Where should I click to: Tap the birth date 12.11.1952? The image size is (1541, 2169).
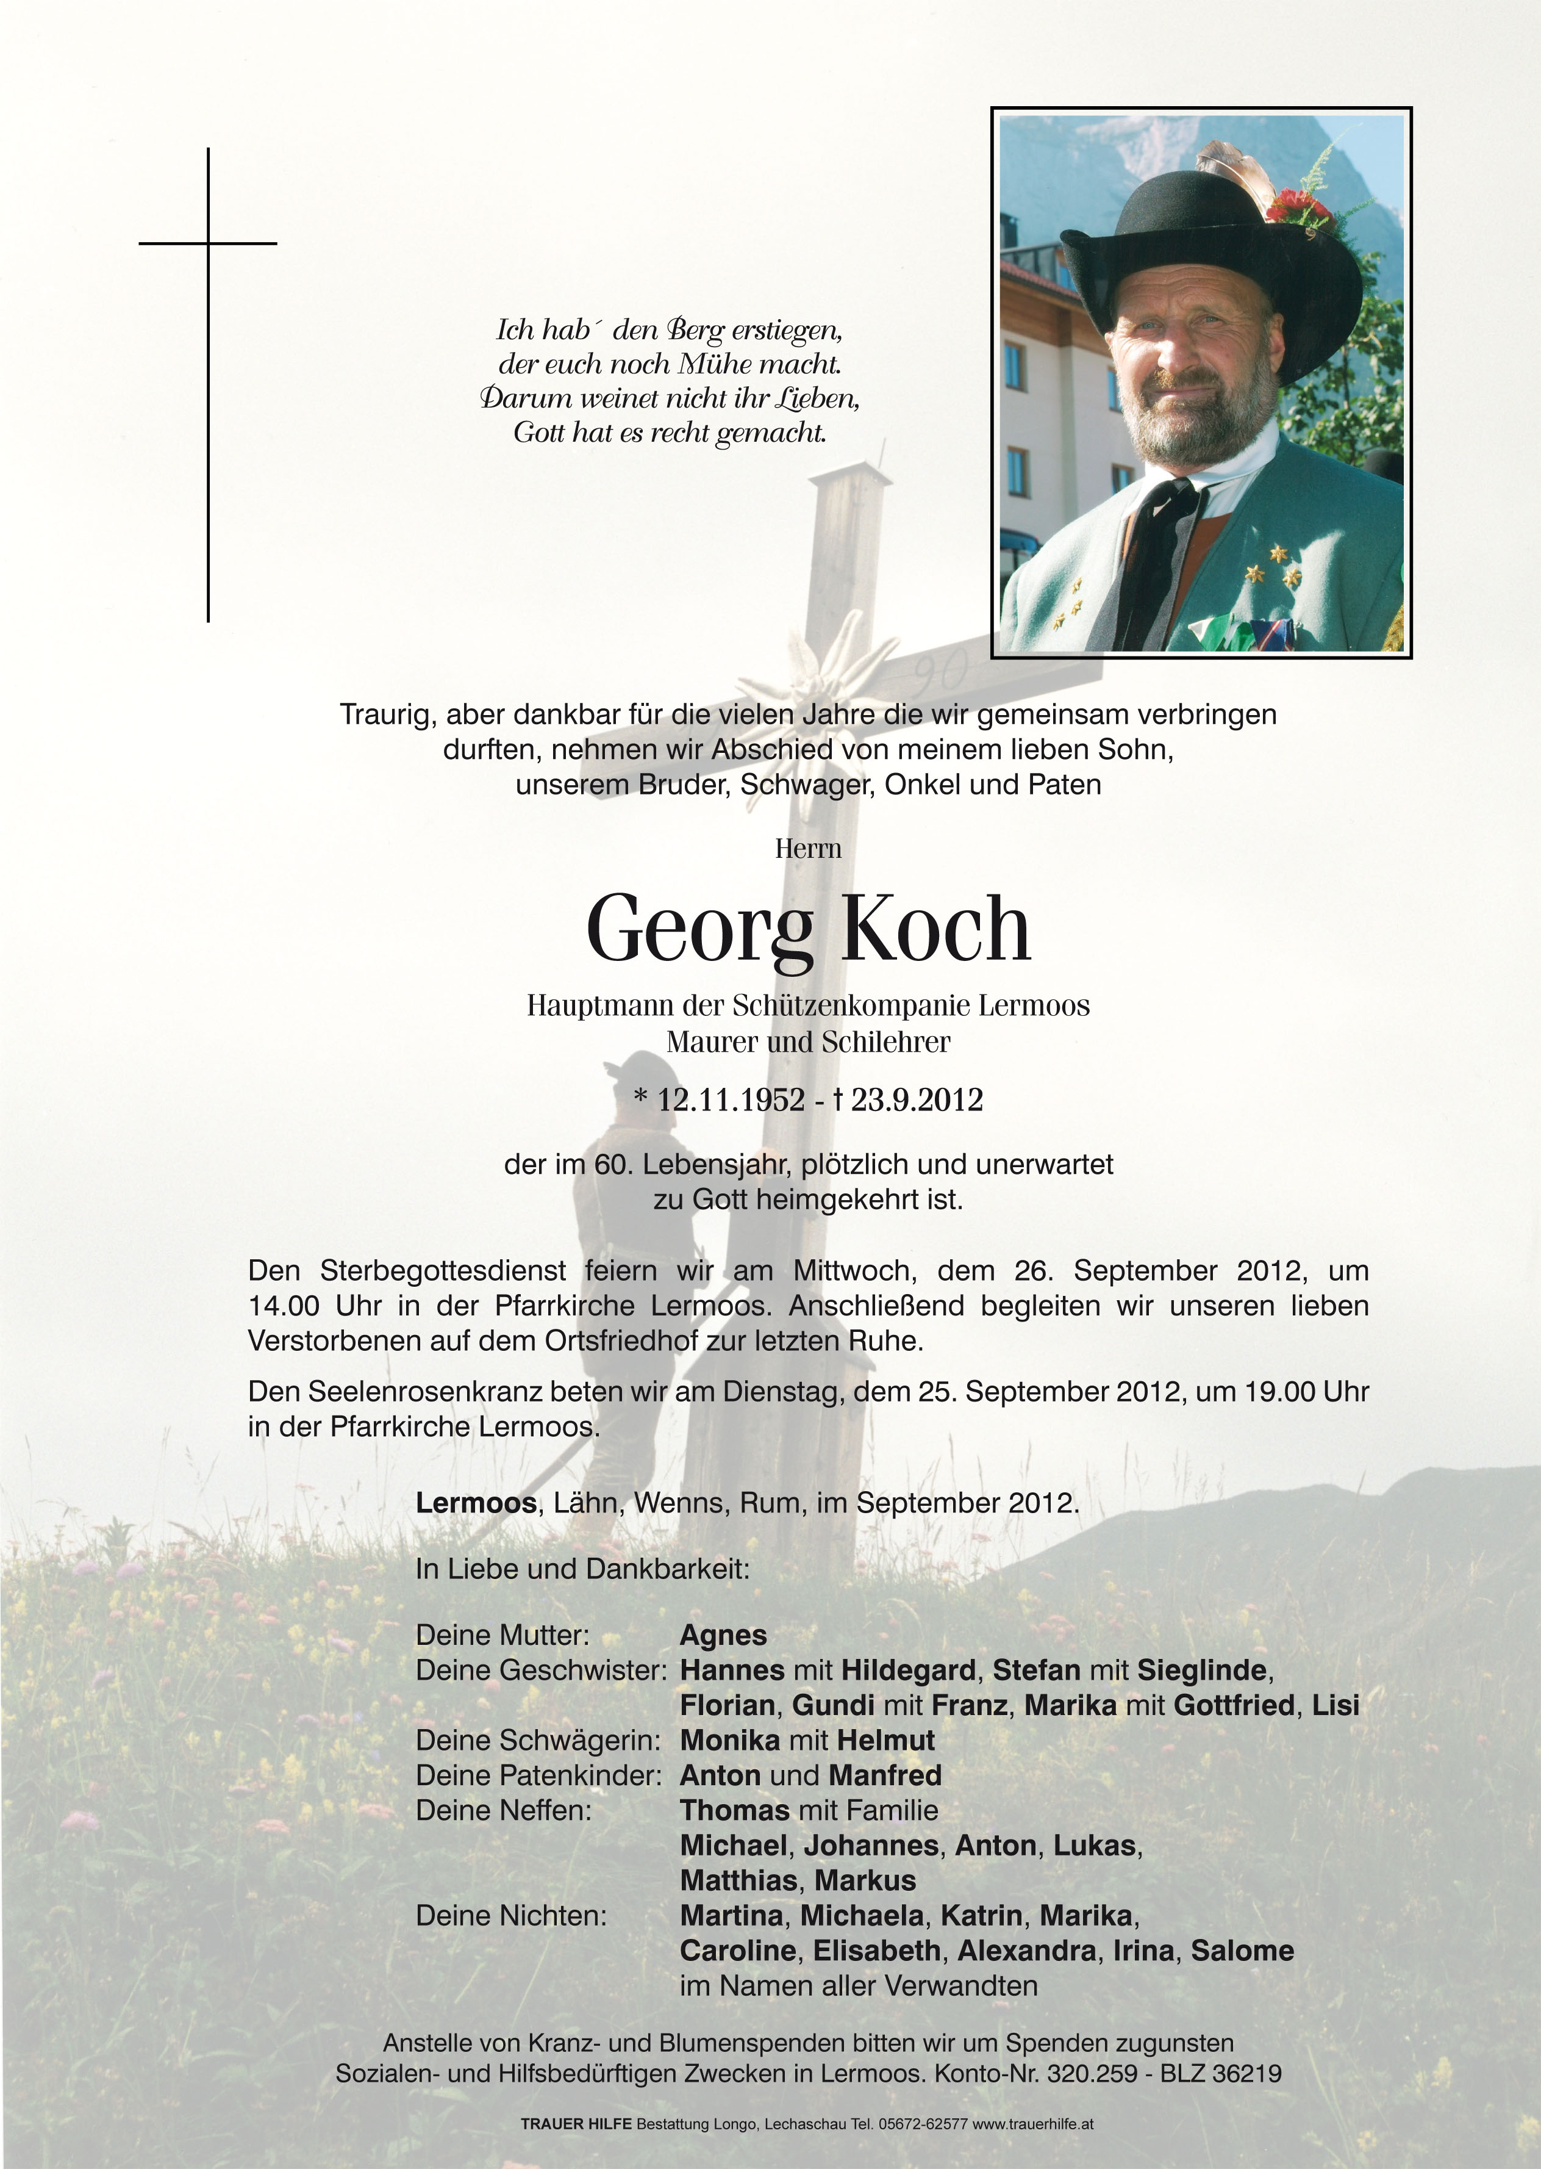click(731, 1099)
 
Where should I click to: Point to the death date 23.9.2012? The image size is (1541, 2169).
click(916, 1099)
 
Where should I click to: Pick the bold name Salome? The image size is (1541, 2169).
click(1242, 1951)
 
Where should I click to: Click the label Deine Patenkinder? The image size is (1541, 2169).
click(538, 1775)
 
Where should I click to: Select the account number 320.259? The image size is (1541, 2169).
click(1091, 2073)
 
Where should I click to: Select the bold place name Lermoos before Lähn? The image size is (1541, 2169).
click(476, 1503)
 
